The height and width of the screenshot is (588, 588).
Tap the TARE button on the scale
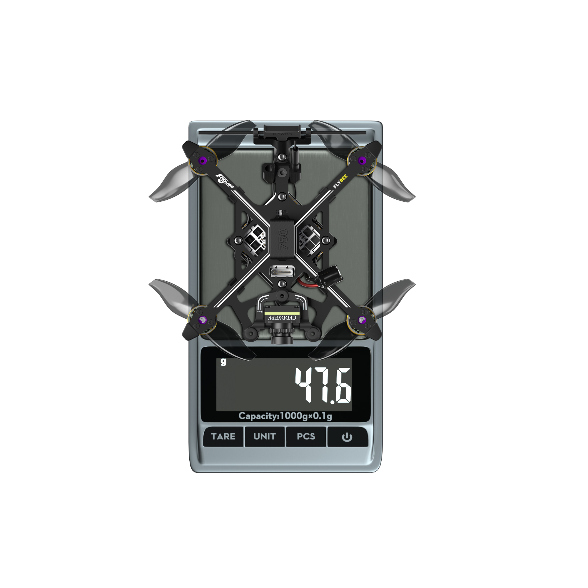pyautogui.click(x=223, y=436)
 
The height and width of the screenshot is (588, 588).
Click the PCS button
pyautogui.click(x=306, y=436)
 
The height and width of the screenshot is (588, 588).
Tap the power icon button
pyautogui.click(x=347, y=437)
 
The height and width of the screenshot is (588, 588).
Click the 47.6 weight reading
pyautogui.click(x=323, y=385)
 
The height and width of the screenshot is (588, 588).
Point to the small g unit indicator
pyautogui.click(x=223, y=362)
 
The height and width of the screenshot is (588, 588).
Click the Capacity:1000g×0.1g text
pyautogui.click(x=285, y=416)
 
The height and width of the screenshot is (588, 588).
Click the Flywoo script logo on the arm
pyautogui.click(x=225, y=181)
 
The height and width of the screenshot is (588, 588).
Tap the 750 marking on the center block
pyautogui.click(x=283, y=239)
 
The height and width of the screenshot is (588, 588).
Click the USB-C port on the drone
pyautogui.click(x=282, y=270)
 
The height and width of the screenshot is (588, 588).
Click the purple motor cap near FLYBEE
pyautogui.click(x=362, y=161)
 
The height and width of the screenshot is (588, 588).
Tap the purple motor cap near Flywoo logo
pyautogui.click(x=202, y=160)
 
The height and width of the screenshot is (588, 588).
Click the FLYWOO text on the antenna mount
pyautogui.click(x=282, y=134)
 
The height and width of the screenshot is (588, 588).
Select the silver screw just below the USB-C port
pyautogui.click(x=282, y=284)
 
